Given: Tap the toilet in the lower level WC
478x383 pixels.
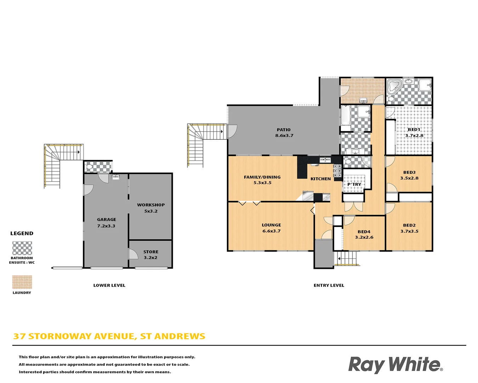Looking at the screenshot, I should (x=90, y=166).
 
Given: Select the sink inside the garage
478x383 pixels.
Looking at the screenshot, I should (x=115, y=177).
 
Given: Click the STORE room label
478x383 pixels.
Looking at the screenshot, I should (x=151, y=252).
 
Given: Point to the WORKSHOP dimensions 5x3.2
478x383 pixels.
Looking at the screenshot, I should (x=151, y=211).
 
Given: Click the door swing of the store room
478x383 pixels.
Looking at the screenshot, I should (x=133, y=254).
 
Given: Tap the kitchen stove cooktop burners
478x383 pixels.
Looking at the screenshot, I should (x=337, y=171).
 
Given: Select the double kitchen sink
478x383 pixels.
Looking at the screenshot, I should (x=325, y=160).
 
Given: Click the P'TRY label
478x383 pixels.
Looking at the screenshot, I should (x=354, y=184).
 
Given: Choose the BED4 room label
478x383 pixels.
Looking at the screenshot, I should (x=364, y=232).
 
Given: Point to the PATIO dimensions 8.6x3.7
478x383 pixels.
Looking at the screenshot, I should (x=284, y=135).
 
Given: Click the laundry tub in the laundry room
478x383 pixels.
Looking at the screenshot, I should (x=363, y=100).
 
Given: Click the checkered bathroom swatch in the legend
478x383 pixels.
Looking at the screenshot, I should (x=22, y=248).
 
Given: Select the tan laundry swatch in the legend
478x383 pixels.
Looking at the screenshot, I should (x=22, y=282).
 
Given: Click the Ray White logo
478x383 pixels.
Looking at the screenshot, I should (x=395, y=365).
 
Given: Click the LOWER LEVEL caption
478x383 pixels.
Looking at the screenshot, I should (x=109, y=285).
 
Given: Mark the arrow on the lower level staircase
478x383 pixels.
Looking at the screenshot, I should (x=79, y=152).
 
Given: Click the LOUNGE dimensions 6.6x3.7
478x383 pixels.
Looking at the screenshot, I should (x=272, y=231).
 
